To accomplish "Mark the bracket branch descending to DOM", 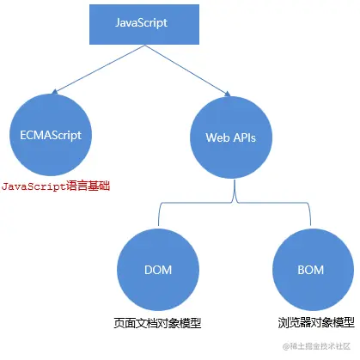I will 157,215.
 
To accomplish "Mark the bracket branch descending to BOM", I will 306,215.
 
